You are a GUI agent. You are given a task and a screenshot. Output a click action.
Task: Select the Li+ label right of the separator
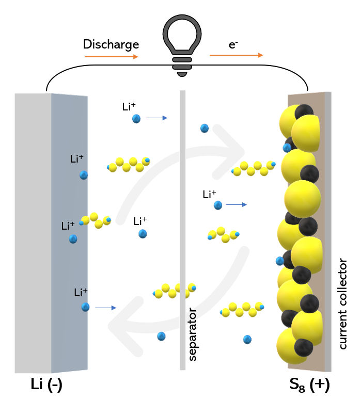point(209,195)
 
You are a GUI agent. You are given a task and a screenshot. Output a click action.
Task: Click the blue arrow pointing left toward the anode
point(105,308)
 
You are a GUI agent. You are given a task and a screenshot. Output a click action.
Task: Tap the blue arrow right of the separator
point(237,205)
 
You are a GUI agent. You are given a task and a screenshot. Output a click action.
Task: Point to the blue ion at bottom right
point(247,339)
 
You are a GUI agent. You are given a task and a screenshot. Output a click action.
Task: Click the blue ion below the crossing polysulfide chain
point(161,336)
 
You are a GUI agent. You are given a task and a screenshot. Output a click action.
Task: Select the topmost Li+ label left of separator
point(129,107)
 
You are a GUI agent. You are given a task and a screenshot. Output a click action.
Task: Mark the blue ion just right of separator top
point(205,128)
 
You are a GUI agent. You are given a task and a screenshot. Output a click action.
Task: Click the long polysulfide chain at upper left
point(129,164)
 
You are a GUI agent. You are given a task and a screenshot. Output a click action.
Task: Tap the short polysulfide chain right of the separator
point(223,234)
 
